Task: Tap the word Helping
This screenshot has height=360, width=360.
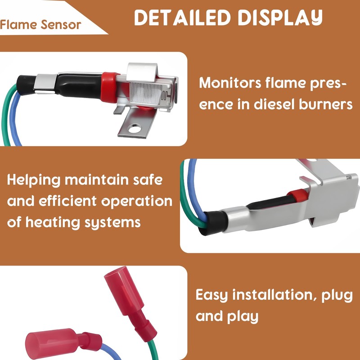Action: click(x=33, y=180)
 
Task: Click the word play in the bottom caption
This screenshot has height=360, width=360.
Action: click(x=242, y=316)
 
